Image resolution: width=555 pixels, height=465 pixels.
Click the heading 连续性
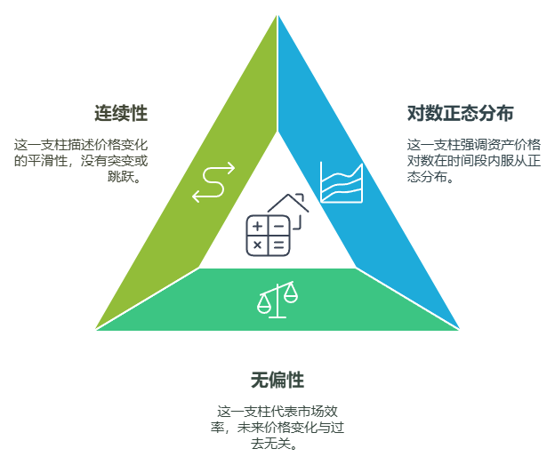point(121,114)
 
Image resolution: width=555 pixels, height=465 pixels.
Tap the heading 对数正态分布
point(460,114)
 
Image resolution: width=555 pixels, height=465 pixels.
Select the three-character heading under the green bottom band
point(277,381)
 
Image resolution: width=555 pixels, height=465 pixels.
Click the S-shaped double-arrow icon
point(213,181)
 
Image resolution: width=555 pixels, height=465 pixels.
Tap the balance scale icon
point(277,300)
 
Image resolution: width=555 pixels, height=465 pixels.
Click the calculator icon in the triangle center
point(268,235)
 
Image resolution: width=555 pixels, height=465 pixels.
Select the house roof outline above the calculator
point(289,204)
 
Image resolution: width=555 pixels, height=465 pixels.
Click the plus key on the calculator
point(258,226)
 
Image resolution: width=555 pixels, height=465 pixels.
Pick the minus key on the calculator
point(278,226)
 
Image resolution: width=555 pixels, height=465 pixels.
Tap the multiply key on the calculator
point(258,245)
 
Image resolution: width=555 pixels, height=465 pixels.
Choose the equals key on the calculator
point(278,245)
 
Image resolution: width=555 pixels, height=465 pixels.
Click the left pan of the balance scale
point(264,305)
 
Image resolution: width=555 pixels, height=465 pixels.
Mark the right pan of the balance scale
point(291,296)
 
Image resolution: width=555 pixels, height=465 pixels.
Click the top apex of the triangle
point(277,13)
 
